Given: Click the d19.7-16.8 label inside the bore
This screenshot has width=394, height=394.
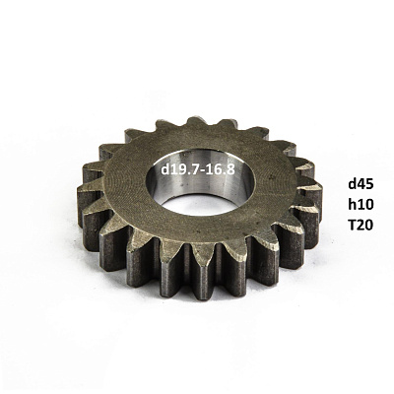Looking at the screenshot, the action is click(198, 169).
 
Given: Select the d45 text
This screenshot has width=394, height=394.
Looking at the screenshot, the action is click(361, 184).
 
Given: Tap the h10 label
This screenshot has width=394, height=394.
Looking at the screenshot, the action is click(361, 205).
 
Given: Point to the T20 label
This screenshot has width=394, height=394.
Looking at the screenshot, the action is click(361, 225).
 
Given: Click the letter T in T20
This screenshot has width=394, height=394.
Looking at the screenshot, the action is click(353, 225).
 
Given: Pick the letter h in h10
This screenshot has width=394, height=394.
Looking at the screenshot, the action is click(353, 205).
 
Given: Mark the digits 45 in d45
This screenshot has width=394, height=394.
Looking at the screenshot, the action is click(365, 184).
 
